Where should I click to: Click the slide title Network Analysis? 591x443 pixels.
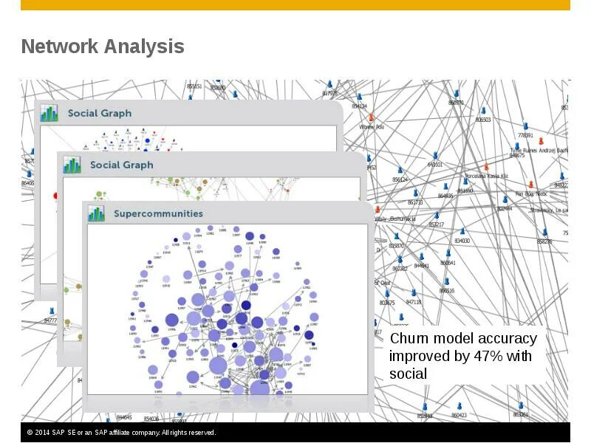click(x=103, y=47)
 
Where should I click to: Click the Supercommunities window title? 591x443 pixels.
click(x=158, y=213)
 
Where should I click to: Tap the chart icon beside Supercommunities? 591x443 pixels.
click(x=97, y=213)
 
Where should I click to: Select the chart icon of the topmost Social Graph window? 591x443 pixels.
click(x=49, y=113)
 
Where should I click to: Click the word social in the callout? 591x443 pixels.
click(x=408, y=374)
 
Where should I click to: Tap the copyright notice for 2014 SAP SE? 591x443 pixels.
click(x=121, y=433)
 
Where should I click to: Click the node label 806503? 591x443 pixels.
click(x=482, y=120)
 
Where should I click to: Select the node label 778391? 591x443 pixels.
click(x=525, y=136)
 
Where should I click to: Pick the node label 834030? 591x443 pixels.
click(x=462, y=241)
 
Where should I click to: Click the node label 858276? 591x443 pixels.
click(x=544, y=241)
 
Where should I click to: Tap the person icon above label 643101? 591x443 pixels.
click(x=436, y=156)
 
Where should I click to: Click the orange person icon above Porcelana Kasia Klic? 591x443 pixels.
click(x=485, y=167)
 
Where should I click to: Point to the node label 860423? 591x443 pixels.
click(x=459, y=416)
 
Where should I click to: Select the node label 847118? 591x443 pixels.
click(x=413, y=302)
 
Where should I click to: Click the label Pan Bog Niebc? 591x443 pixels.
click(x=530, y=193)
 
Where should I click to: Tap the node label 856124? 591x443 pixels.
click(x=400, y=179)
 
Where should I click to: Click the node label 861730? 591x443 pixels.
click(x=415, y=202)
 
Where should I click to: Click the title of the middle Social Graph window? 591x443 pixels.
click(x=121, y=165)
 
